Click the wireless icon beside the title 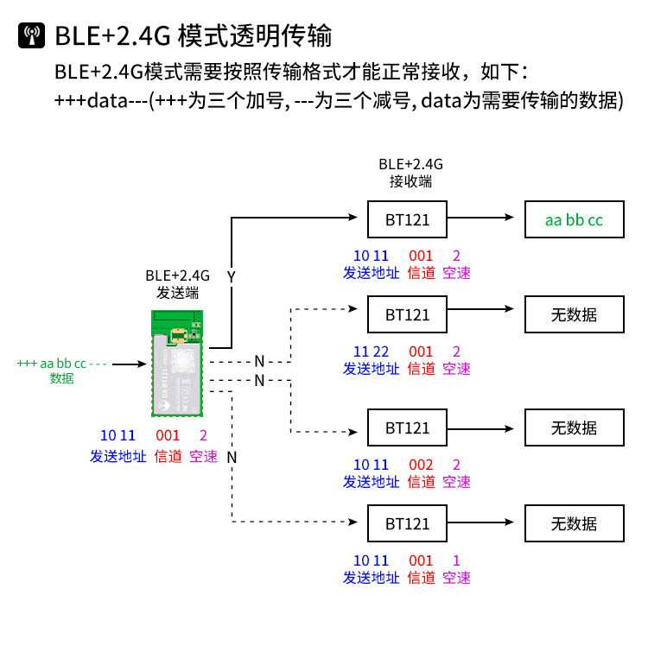pos(32,35)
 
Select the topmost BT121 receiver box pos(408,219)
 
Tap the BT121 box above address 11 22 pos(408,314)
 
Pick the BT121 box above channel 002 pos(408,427)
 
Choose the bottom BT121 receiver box pos(408,523)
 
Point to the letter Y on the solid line pos(231,276)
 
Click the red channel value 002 pos(421,465)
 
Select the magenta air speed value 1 pos(456,560)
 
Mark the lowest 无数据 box pos(574,523)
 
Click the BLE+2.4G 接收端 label pos(410,173)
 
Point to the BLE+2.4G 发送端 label pos(177,284)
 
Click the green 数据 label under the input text pos(61,378)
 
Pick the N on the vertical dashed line pos(232,456)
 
